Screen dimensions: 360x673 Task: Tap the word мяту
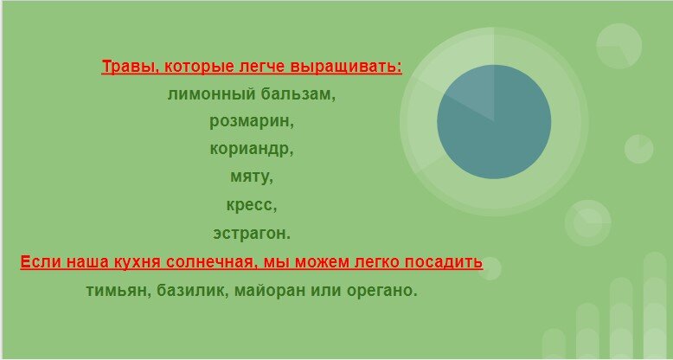[x=252, y=177]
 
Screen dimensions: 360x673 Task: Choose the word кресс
[x=252, y=205]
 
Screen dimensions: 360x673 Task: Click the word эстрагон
[x=252, y=233]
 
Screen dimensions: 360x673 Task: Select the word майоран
[x=265, y=290]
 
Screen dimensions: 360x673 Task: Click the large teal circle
[x=494, y=121]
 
